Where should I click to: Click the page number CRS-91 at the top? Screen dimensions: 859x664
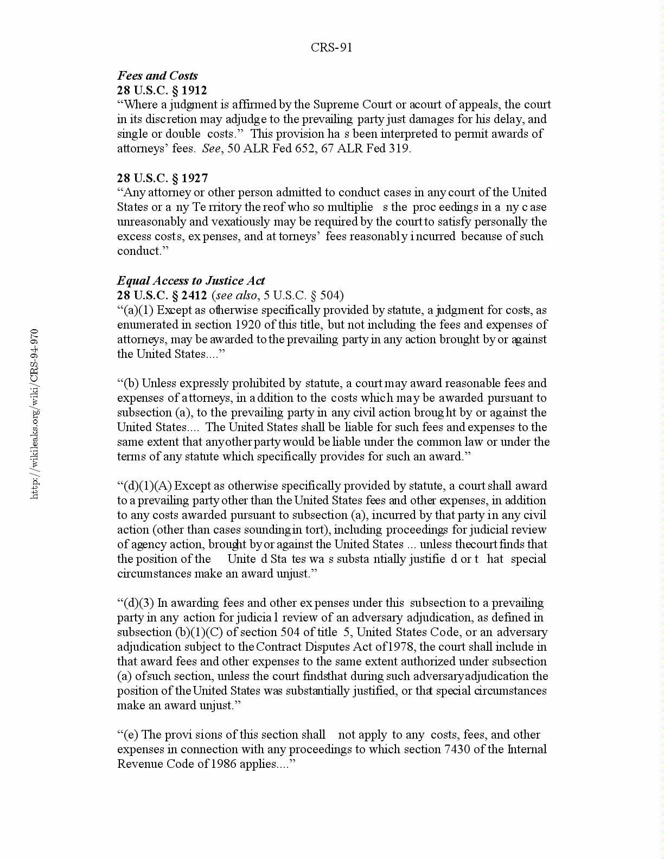point(331,47)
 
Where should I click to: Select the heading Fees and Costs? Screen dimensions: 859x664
point(157,75)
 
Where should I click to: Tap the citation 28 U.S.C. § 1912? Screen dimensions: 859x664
point(162,90)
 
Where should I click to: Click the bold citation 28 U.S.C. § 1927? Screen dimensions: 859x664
point(162,178)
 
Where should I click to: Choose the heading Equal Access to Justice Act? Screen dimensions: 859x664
point(191,280)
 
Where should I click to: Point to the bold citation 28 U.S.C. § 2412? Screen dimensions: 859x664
point(162,295)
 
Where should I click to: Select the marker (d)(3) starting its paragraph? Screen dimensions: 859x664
point(139,602)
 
